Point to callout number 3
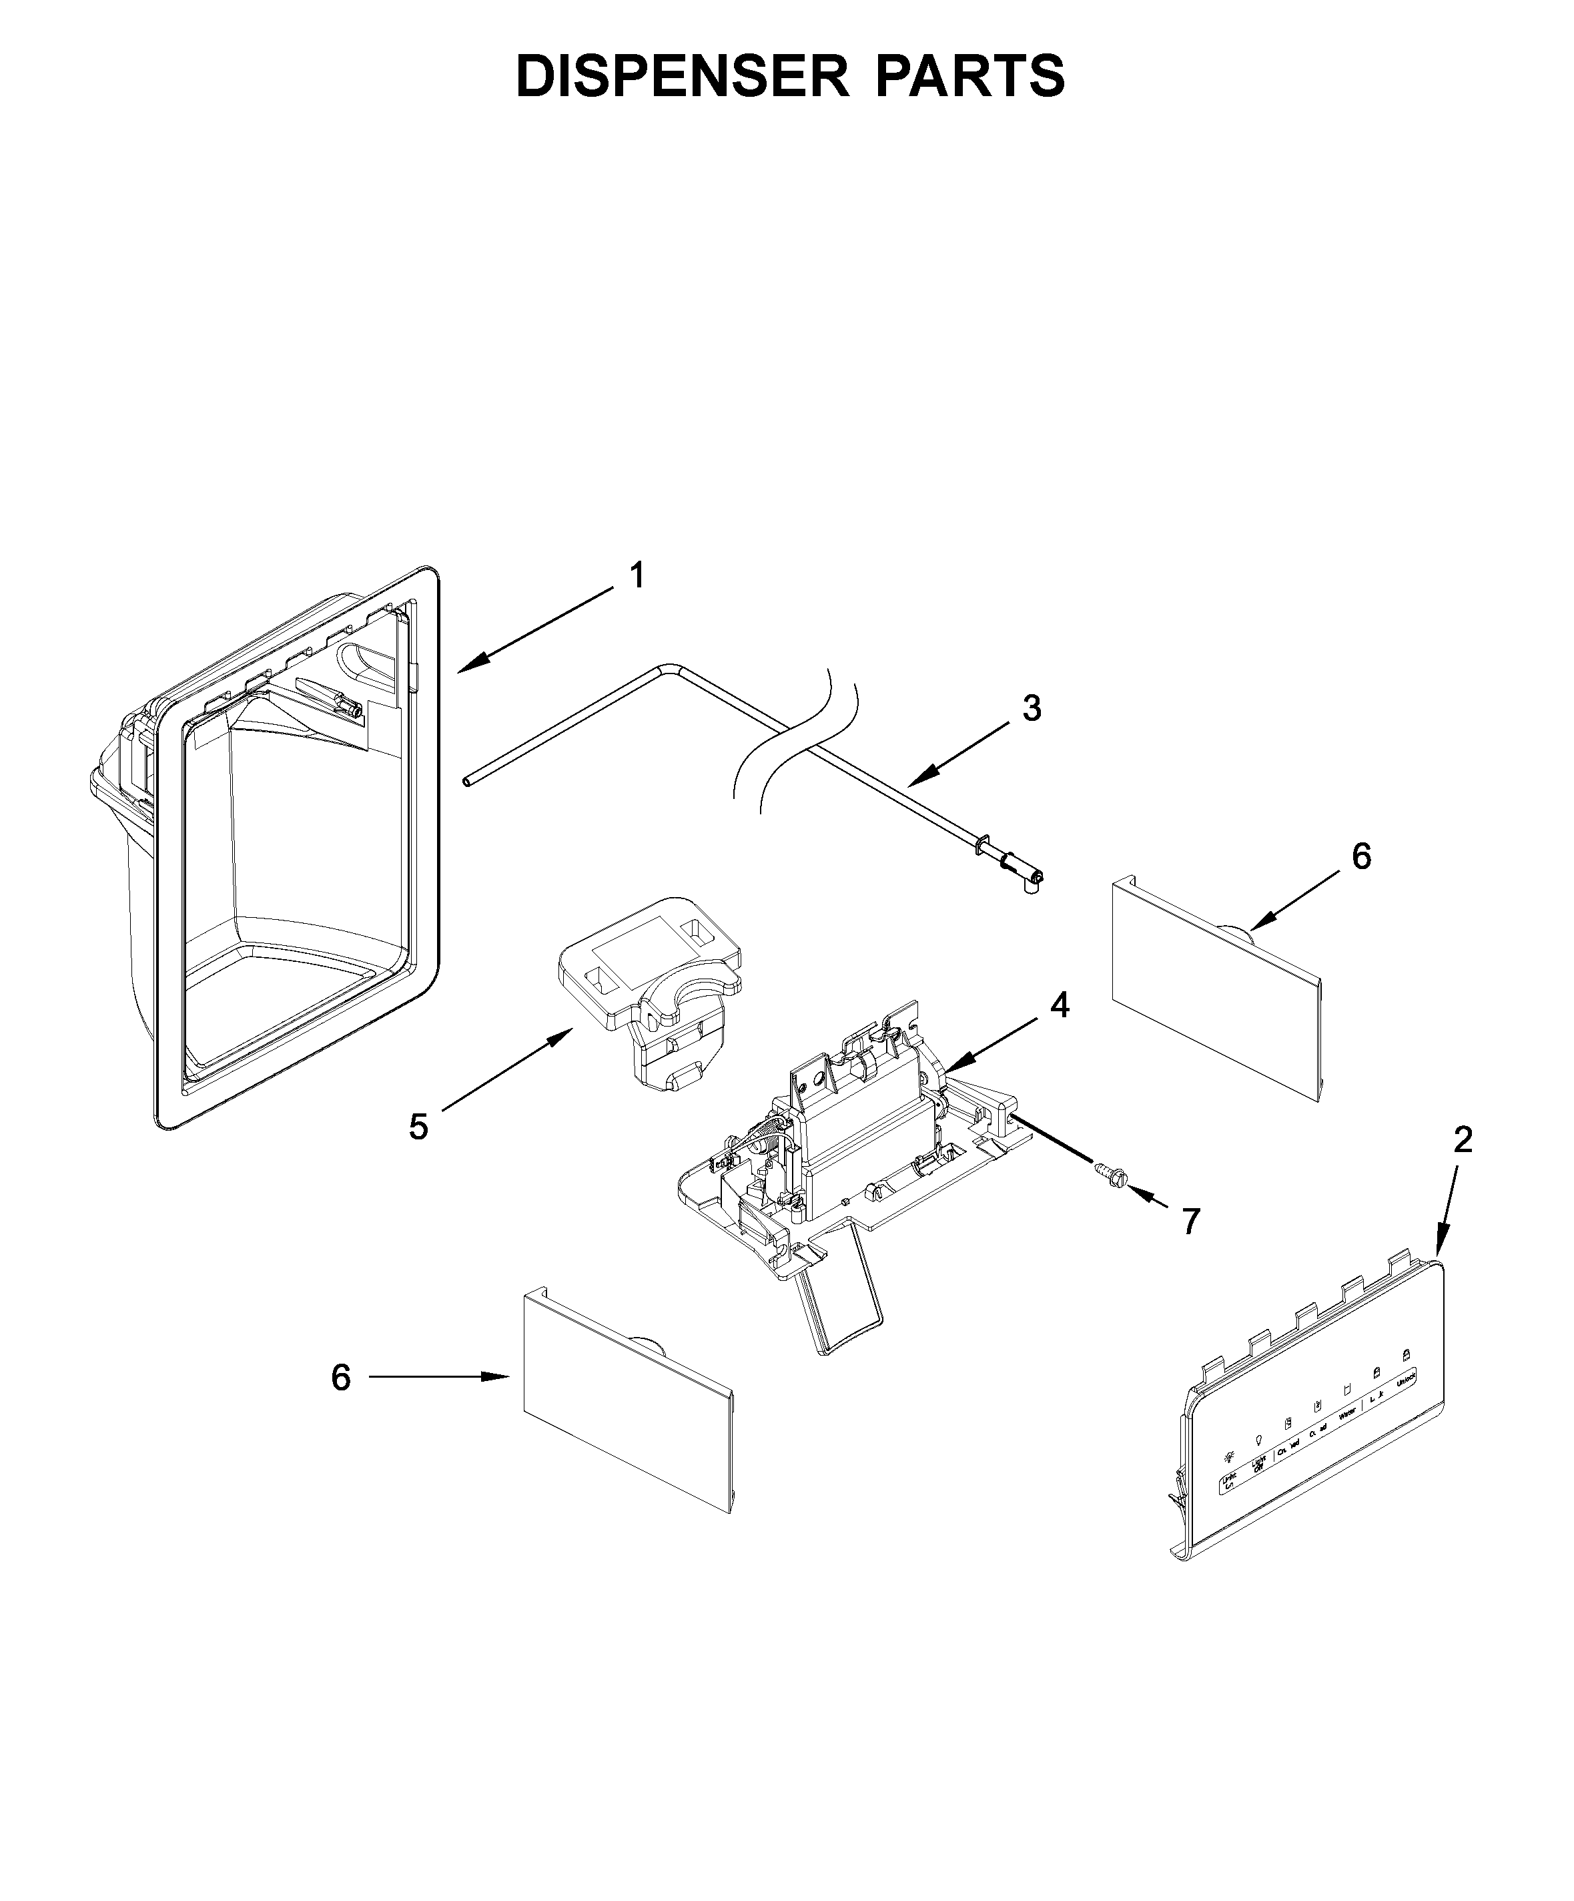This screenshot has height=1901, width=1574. click(x=1032, y=708)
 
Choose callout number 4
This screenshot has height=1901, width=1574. click(x=1059, y=1005)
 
